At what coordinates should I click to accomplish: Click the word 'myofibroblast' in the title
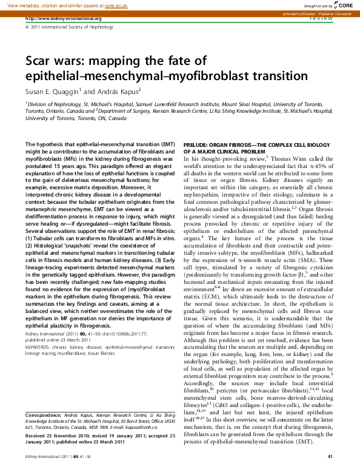click(212, 76)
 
